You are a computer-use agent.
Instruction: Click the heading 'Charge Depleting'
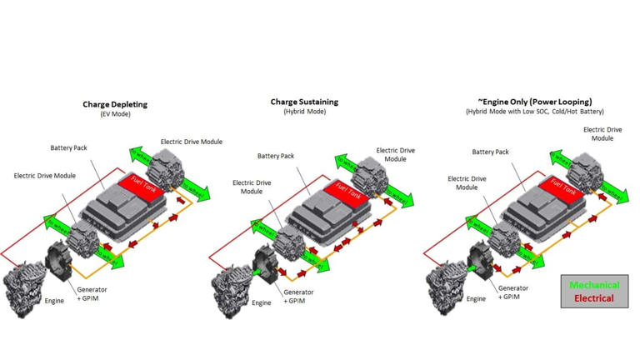(115, 104)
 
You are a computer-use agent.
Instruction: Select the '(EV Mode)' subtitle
(115, 113)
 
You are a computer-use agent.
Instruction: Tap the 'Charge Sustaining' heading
(304, 102)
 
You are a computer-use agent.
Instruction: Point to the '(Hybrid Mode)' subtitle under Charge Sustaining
(304, 111)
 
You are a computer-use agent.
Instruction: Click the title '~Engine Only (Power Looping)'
(534, 102)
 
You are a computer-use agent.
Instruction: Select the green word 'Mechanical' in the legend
(594, 285)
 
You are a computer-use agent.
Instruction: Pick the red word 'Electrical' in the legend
(594, 297)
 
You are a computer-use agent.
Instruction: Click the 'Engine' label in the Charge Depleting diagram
(54, 300)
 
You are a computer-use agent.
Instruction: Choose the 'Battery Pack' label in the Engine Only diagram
(490, 152)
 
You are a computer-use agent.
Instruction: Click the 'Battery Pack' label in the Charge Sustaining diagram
(275, 156)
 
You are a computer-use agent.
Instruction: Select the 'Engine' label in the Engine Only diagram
(476, 298)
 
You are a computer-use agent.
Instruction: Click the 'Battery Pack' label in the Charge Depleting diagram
(68, 147)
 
